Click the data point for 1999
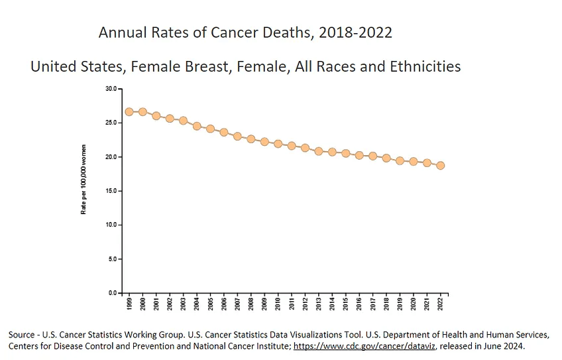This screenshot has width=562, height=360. point(129,112)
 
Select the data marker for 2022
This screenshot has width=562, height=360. point(441,165)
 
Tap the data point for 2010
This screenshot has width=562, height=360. point(278,144)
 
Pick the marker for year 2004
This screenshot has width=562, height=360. point(197,126)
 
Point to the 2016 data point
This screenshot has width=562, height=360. point(359,155)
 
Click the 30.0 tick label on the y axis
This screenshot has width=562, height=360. point(111,89)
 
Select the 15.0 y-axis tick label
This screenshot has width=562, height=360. point(111,191)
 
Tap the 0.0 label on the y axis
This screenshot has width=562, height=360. point(113,293)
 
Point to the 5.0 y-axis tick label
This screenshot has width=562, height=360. point(113,259)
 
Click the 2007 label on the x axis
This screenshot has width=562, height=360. point(237,304)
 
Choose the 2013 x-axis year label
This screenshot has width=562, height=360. point(319,304)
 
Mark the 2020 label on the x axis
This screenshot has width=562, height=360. point(414,304)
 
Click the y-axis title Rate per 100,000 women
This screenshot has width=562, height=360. point(84,179)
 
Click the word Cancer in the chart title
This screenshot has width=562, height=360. point(235,32)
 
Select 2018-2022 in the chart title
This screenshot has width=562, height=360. point(355,32)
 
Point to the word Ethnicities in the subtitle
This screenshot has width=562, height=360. point(425,66)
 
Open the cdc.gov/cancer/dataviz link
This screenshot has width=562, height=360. point(365,346)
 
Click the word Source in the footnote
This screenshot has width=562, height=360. point(21,335)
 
